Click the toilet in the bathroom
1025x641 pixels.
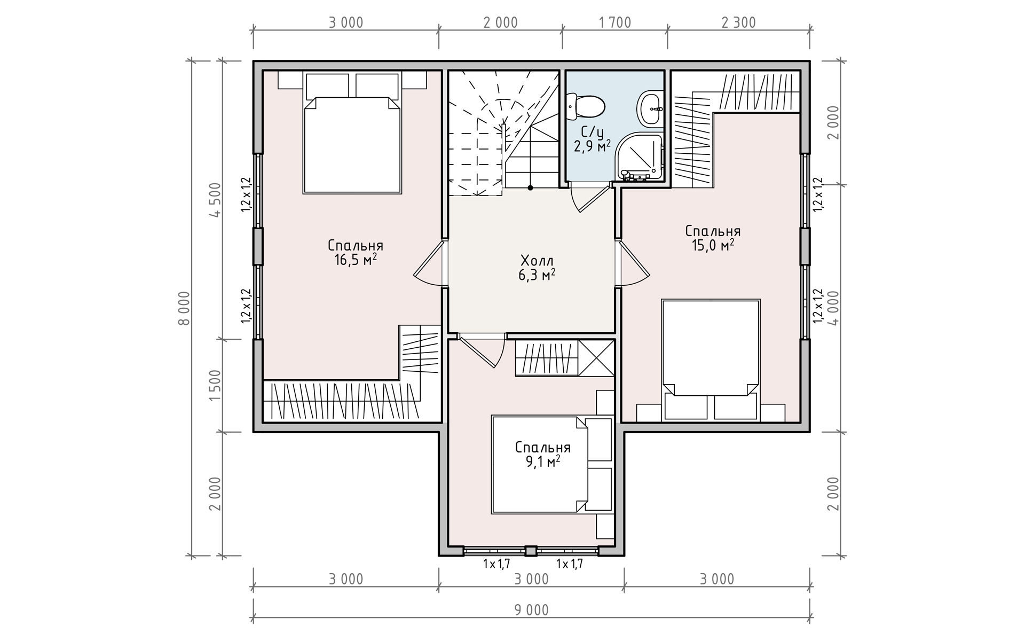(x=586, y=106)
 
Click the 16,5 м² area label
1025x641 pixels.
(x=356, y=260)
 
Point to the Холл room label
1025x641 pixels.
(x=537, y=261)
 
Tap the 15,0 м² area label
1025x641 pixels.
(x=713, y=245)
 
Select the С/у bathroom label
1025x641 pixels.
(x=592, y=131)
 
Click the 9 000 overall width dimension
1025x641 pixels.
(x=532, y=609)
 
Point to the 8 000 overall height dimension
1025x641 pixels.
(x=184, y=308)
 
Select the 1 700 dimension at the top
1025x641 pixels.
(x=615, y=22)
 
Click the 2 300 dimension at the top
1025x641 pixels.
(x=739, y=22)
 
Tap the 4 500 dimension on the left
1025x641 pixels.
(x=215, y=200)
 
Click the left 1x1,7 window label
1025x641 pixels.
(x=497, y=564)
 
